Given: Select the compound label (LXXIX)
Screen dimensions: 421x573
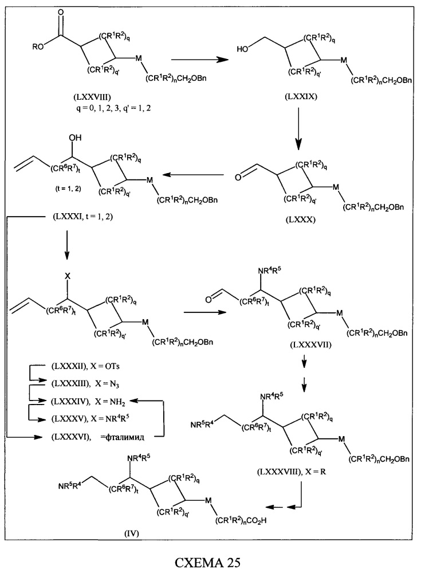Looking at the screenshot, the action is (x=301, y=97).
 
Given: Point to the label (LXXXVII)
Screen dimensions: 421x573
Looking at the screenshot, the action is (x=310, y=344).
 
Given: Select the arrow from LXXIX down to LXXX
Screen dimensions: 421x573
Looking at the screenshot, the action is (x=298, y=129).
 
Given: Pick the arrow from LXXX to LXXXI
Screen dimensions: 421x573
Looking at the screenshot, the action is (x=193, y=175).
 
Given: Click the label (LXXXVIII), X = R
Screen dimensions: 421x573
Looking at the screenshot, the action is (x=292, y=472).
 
